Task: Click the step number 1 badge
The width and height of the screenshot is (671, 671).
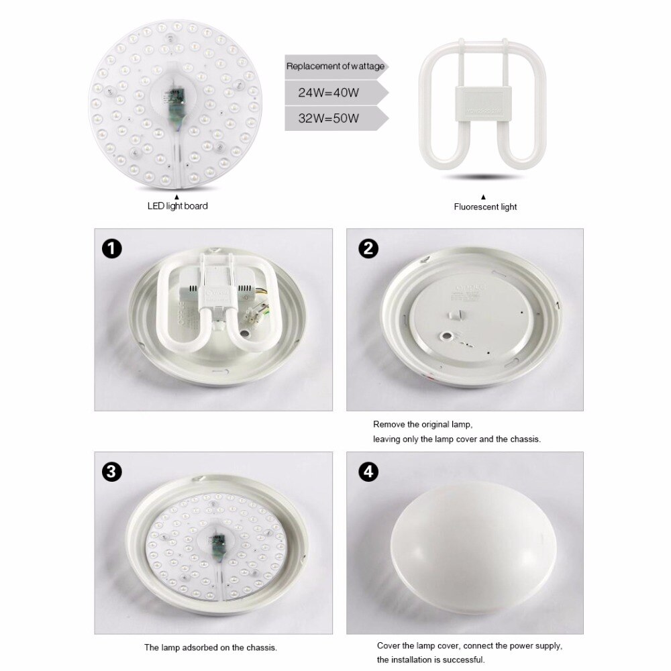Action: click(x=112, y=249)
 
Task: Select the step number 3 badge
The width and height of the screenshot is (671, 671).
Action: click(x=112, y=472)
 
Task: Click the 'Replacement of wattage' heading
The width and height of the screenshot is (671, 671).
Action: click(x=335, y=66)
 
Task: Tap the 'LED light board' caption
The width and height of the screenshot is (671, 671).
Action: click(x=177, y=206)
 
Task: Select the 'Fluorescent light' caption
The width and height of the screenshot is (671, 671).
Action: click(x=485, y=207)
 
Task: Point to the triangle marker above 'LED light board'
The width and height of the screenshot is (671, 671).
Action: click(x=176, y=196)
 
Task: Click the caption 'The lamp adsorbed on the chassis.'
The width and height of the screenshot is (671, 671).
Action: click(x=211, y=648)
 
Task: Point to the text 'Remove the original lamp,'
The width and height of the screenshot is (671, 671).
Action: click(x=423, y=425)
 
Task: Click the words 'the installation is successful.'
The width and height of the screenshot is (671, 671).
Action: click(x=430, y=660)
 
